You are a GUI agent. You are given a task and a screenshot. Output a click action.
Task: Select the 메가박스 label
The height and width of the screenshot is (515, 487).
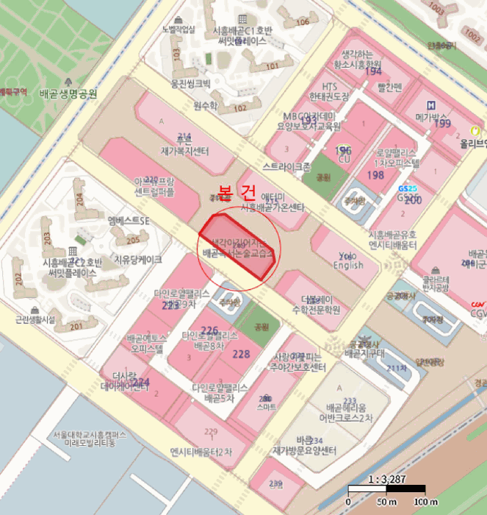point(432,116)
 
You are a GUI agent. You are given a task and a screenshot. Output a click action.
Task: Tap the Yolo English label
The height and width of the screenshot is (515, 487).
point(347,260)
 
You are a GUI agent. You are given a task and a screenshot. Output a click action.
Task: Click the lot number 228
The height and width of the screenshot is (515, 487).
point(241,354)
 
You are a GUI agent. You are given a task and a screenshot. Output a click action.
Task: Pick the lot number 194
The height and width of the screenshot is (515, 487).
point(374,71)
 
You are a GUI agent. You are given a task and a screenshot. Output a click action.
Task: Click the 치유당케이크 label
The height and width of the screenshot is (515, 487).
point(138,259)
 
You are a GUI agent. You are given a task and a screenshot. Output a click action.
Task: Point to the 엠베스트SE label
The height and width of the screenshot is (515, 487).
point(128,221)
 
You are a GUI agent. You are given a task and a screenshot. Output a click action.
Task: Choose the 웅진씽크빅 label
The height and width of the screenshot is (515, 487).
point(190,83)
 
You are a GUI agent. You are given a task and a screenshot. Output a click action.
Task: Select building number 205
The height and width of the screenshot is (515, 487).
point(132,241)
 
